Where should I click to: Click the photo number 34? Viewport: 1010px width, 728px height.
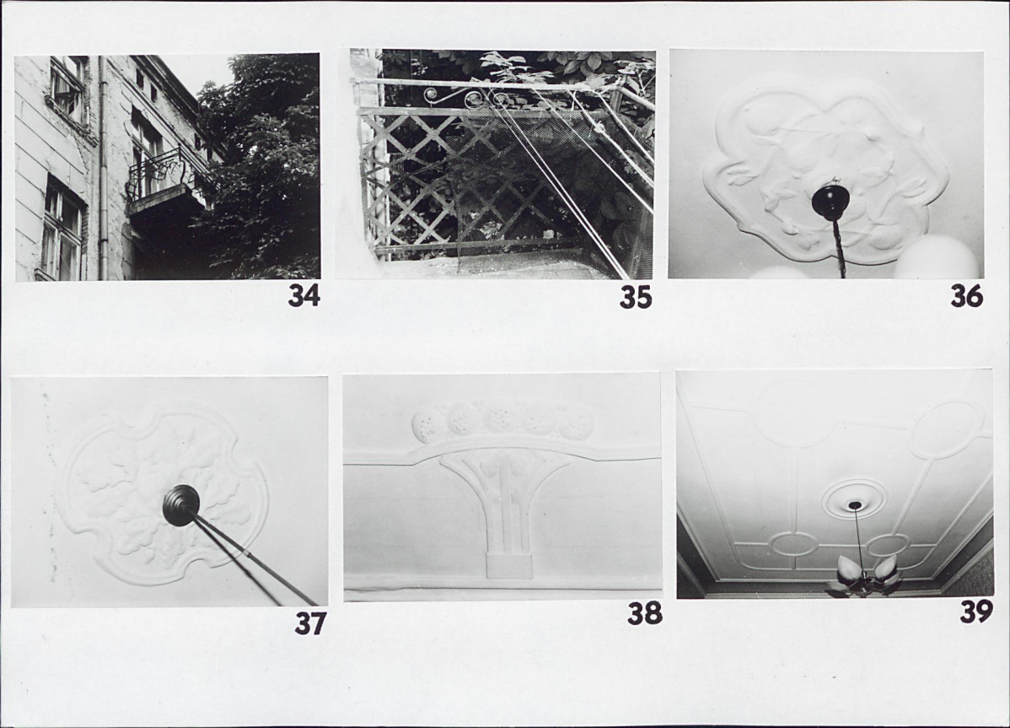click(x=304, y=296)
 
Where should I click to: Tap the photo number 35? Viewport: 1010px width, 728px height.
click(x=636, y=298)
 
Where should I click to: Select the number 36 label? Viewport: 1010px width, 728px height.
click(x=967, y=296)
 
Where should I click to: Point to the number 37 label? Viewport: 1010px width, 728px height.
click(x=310, y=623)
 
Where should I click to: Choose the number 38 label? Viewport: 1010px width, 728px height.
click(x=645, y=613)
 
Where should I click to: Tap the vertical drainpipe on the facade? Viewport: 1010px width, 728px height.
click(x=102, y=168)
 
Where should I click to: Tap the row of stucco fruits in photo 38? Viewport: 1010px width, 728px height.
click(x=502, y=422)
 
